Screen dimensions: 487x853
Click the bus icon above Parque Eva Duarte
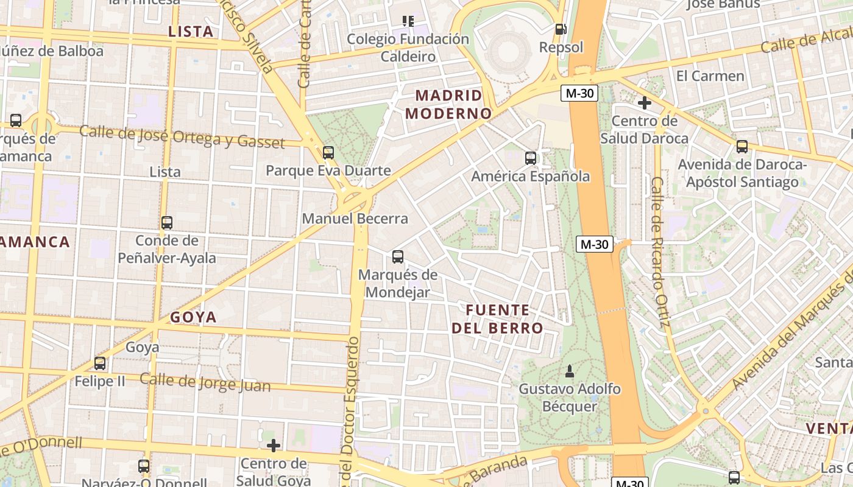pyautogui.click(x=328, y=152)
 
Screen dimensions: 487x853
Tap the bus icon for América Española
pyautogui.click(x=531, y=158)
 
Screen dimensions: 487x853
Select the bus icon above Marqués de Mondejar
pyautogui.click(x=398, y=257)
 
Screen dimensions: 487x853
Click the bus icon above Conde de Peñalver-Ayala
pyautogui.click(x=167, y=223)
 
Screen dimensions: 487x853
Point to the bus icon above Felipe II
pyautogui.click(x=100, y=363)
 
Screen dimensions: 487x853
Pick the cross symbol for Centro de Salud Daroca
pyautogui.click(x=644, y=103)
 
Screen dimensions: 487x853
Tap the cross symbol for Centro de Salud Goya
pyautogui.click(x=274, y=446)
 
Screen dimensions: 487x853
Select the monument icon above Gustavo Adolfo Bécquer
pyautogui.click(x=570, y=371)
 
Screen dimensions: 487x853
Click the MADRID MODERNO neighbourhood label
pyautogui.click(x=448, y=104)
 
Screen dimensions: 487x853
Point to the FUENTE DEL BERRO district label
pyautogui.click(x=497, y=319)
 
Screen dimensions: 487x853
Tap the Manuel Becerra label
pyautogui.click(x=355, y=219)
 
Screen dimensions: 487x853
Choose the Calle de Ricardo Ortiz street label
pyautogui.click(x=660, y=252)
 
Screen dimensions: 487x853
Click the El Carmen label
pyautogui.click(x=710, y=76)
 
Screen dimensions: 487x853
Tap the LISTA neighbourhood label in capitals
pyautogui.click(x=191, y=32)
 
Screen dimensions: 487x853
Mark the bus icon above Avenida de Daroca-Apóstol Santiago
pyautogui.click(x=742, y=147)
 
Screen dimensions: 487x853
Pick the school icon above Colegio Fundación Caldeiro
pyautogui.click(x=408, y=21)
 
